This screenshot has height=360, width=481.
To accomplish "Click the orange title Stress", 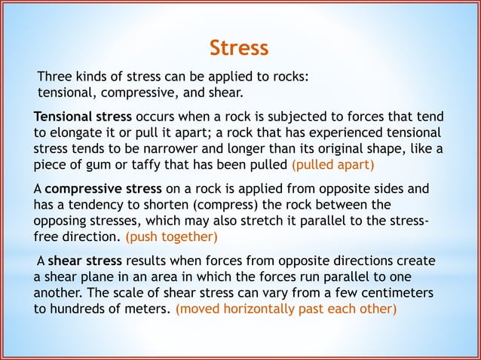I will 238,48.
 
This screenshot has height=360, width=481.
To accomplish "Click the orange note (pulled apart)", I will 332,163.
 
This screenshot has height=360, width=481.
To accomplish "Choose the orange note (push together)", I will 171,237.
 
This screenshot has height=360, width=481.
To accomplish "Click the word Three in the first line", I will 57,78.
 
